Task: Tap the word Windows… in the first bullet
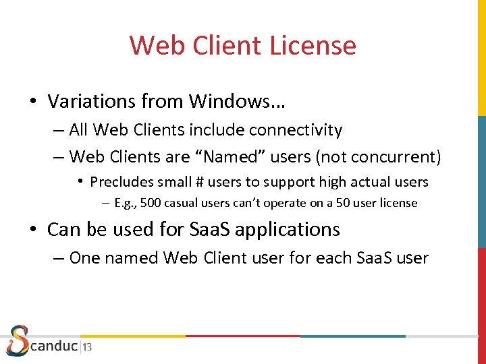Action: click(x=237, y=101)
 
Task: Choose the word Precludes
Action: click(x=122, y=181)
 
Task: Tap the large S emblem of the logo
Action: click(x=18, y=341)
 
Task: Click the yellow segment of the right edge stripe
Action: click(x=482, y=57)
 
